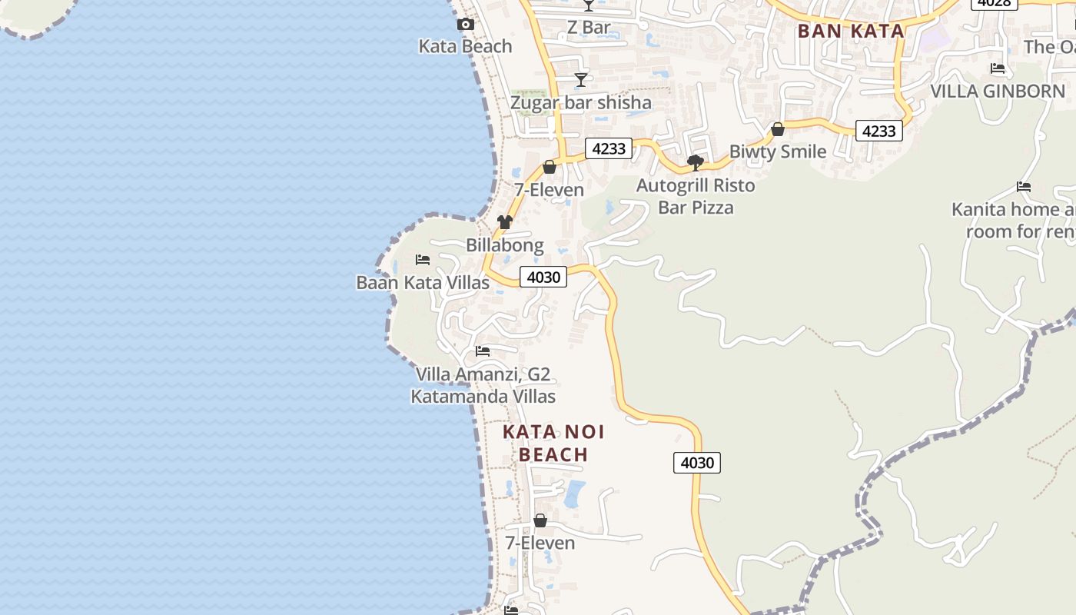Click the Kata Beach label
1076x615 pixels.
tap(465, 46)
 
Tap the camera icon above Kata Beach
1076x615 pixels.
tap(465, 25)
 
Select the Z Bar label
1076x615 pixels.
tap(589, 28)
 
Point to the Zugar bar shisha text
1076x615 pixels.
tap(581, 102)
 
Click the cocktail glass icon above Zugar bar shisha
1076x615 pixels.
tap(581, 80)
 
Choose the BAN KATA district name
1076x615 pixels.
tap(851, 32)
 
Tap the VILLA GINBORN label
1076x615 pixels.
tap(998, 91)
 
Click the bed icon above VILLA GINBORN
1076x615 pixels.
tap(998, 68)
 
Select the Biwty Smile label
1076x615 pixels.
tap(778, 151)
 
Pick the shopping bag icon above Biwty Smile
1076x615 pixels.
tap(778, 129)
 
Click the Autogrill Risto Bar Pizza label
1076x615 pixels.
tap(696, 196)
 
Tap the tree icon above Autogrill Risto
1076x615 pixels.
tap(696, 162)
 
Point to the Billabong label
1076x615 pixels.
tap(505, 245)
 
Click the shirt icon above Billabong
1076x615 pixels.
tap(504, 222)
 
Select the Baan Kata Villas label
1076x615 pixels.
tap(423, 282)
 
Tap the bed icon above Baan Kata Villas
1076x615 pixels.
tap(423, 260)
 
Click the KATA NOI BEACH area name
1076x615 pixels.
tap(553, 444)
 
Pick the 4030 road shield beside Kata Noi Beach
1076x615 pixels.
tap(697, 463)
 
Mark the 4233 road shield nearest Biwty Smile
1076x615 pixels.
tap(878, 131)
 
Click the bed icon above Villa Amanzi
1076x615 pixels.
tap(483, 351)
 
